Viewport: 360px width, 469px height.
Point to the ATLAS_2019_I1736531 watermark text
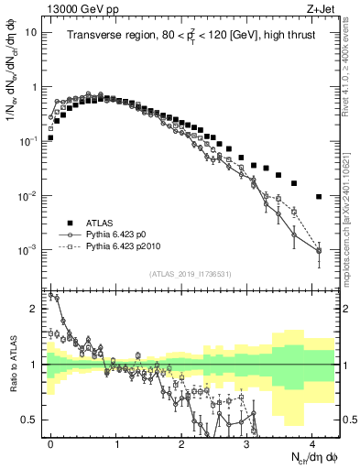190,275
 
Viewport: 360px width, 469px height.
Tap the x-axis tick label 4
313,442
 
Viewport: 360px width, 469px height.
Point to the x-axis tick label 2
182,442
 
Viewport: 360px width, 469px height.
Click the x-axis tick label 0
51,442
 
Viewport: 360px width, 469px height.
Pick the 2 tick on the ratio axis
36,309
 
